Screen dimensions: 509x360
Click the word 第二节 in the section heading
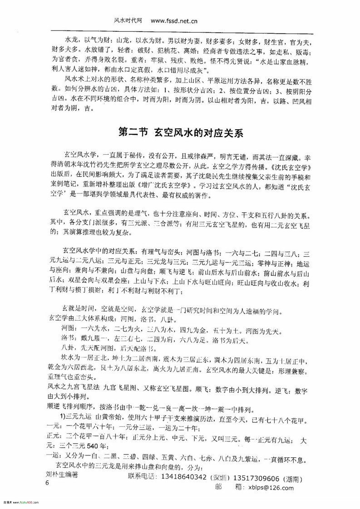(133, 133)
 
